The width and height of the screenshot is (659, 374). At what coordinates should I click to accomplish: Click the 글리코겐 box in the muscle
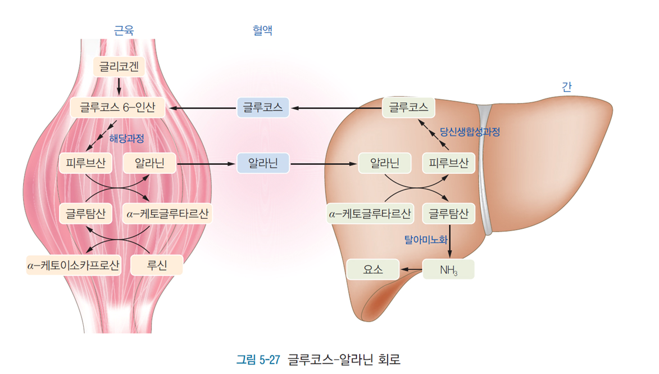(x=119, y=67)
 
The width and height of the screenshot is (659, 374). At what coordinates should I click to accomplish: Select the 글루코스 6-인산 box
(x=117, y=107)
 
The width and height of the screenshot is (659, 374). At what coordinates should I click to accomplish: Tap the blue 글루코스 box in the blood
(x=263, y=107)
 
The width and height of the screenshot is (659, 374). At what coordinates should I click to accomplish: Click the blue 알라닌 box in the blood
(x=263, y=164)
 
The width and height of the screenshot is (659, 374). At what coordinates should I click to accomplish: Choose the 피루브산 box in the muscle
(x=85, y=164)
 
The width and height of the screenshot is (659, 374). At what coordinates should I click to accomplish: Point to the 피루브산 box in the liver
(x=448, y=164)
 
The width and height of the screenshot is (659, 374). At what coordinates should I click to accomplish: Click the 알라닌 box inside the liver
(x=385, y=164)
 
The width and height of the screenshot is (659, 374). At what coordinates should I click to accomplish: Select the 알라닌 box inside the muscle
(x=149, y=164)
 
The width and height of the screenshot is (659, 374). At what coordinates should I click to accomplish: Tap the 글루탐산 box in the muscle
(x=85, y=214)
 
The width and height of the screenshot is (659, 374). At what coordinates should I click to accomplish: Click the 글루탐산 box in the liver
(x=448, y=214)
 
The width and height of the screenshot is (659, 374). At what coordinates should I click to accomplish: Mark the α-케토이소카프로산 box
(x=74, y=265)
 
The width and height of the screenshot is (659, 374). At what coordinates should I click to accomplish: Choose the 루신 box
(x=157, y=265)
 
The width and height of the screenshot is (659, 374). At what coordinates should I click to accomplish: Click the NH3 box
(x=448, y=270)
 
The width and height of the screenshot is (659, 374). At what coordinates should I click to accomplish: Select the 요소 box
(x=373, y=270)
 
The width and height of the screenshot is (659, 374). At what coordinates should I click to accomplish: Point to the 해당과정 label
(x=126, y=138)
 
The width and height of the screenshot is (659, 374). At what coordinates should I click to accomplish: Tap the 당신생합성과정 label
(x=470, y=132)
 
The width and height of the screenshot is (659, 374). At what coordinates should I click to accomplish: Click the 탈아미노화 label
(x=426, y=240)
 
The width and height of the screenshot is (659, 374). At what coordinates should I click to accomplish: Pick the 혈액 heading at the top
(x=262, y=30)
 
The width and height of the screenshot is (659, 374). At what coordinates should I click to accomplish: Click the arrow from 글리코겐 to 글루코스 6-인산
(x=119, y=87)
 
